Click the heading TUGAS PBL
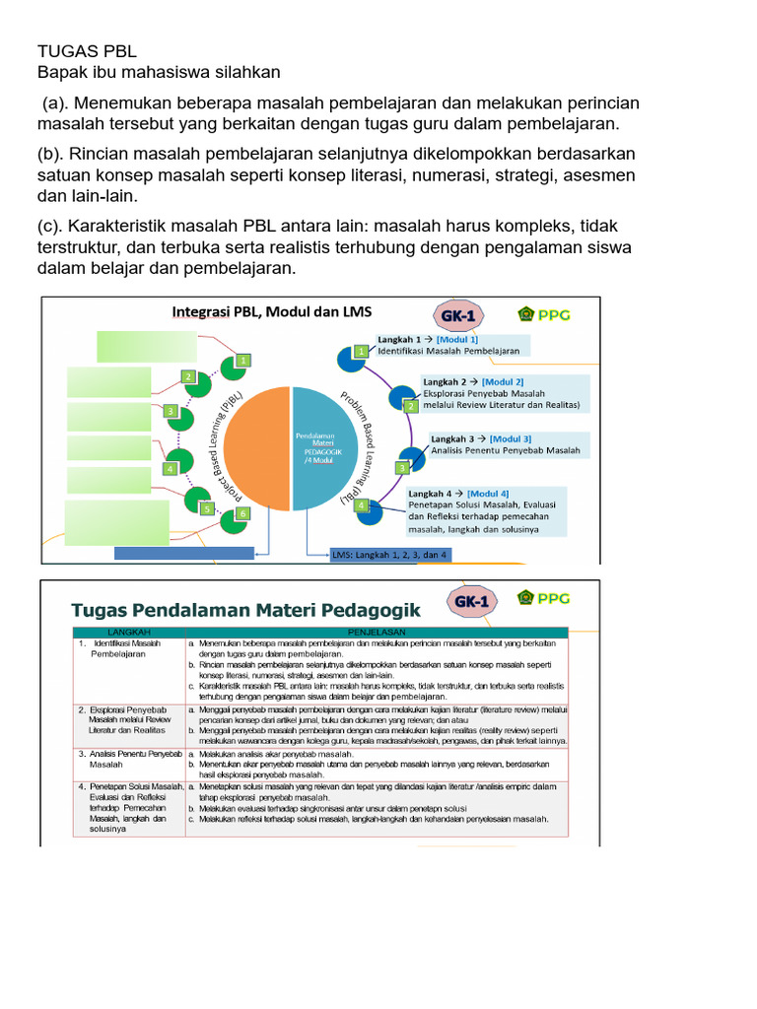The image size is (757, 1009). [x=87, y=51]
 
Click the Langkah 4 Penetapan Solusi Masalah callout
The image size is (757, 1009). [x=485, y=510]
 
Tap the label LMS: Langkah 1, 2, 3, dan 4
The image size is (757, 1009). [x=390, y=555]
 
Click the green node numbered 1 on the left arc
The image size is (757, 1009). [x=241, y=362]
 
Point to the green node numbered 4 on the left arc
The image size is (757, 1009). [x=171, y=469]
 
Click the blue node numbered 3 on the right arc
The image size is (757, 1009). [x=402, y=467]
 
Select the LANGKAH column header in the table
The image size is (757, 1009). [x=128, y=633]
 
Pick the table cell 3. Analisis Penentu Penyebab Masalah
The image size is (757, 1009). [x=129, y=759]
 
